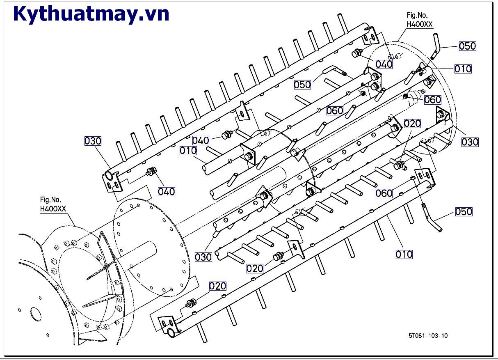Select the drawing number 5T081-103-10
pyautogui.click(x=428, y=335)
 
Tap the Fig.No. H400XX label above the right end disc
pyautogui.click(x=419, y=21)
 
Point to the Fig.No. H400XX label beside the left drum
pyautogui.click(x=53, y=204)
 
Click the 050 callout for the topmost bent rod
pyautogui.click(x=467, y=46)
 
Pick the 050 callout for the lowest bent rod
pyautogui.click(x=464, y=212)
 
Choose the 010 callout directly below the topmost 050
pyautogui.click(x=463, y=69)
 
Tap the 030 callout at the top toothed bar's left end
pyautogui.click(x=93, y=141)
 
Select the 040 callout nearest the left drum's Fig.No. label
pyautogui.click(x=166, y=191)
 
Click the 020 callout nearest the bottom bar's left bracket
pyautogui.click(x=218, y=286)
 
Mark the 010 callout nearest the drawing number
pyautogui.click(x=404, y=255)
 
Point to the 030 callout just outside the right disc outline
pyautogui.click(x=470, y=142)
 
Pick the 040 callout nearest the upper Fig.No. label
pyautogui.click(x=384, y=64)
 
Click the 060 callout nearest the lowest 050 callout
pyautogui.click(x=384, y=193)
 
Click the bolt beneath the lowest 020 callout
pyautogui.click(x=190, y=304)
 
